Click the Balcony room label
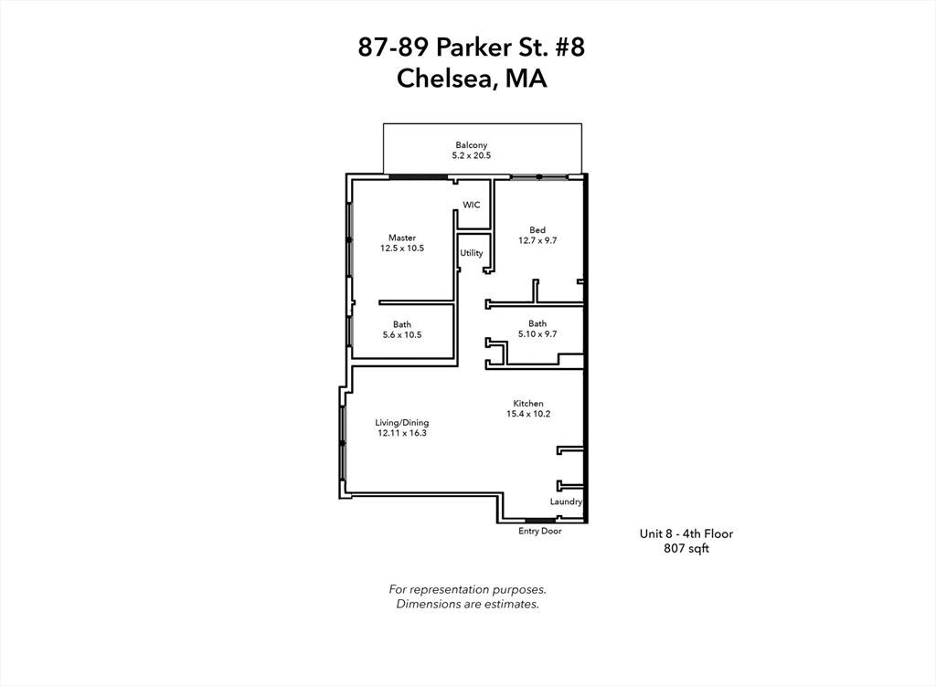click(471, 145)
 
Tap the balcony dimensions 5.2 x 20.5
click(471, 155)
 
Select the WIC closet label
click(472, 206)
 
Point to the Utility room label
click(472, 253)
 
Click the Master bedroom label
click(402, 238)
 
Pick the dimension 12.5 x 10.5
click(402, 248)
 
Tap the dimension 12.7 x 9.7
click(537, 240)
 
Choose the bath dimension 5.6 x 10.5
click(402, 334)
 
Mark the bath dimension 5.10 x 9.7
click(537, 334)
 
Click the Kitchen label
click(528, 404)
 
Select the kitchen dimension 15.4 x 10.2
click(528, 414)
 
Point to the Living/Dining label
click(402, 423)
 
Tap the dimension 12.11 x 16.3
click(402, 433)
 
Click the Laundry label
click(566, 501)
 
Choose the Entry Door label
click(540, 531)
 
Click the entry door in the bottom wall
click(540, 521)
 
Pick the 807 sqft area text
click(686, 548)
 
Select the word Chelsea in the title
click(445, 79)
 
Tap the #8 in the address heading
click(570, 47)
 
